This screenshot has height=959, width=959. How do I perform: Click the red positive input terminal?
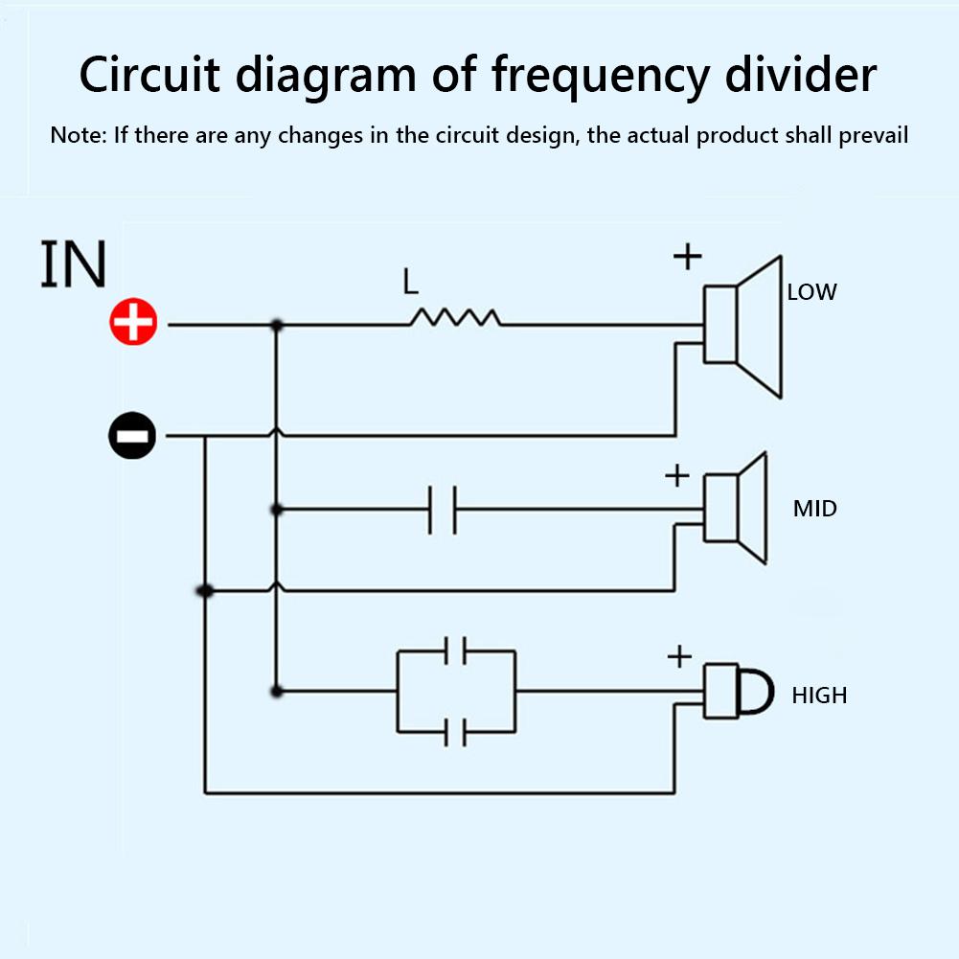point(133,324)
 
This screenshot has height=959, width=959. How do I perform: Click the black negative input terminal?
point(132,437)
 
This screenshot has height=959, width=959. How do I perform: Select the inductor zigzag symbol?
point(455,318)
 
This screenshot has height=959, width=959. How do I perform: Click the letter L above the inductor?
point(411,282)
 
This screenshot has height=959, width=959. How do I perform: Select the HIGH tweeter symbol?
point(738,690)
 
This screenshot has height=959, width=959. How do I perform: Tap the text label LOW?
point(811,292)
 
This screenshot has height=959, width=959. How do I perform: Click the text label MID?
point(814,508)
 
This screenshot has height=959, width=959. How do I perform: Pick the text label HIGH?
point(819,695)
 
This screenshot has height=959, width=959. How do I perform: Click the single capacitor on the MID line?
point(442,509)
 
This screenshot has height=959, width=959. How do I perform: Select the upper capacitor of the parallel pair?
point(456,651)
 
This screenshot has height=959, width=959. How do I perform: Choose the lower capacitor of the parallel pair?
point(456,733)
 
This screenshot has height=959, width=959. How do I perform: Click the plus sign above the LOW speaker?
point(687,256)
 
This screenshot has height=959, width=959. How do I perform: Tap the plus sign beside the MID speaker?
point(676,474)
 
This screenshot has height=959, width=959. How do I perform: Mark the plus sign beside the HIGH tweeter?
point(678,656)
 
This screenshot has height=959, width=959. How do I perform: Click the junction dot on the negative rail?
point(204,591)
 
